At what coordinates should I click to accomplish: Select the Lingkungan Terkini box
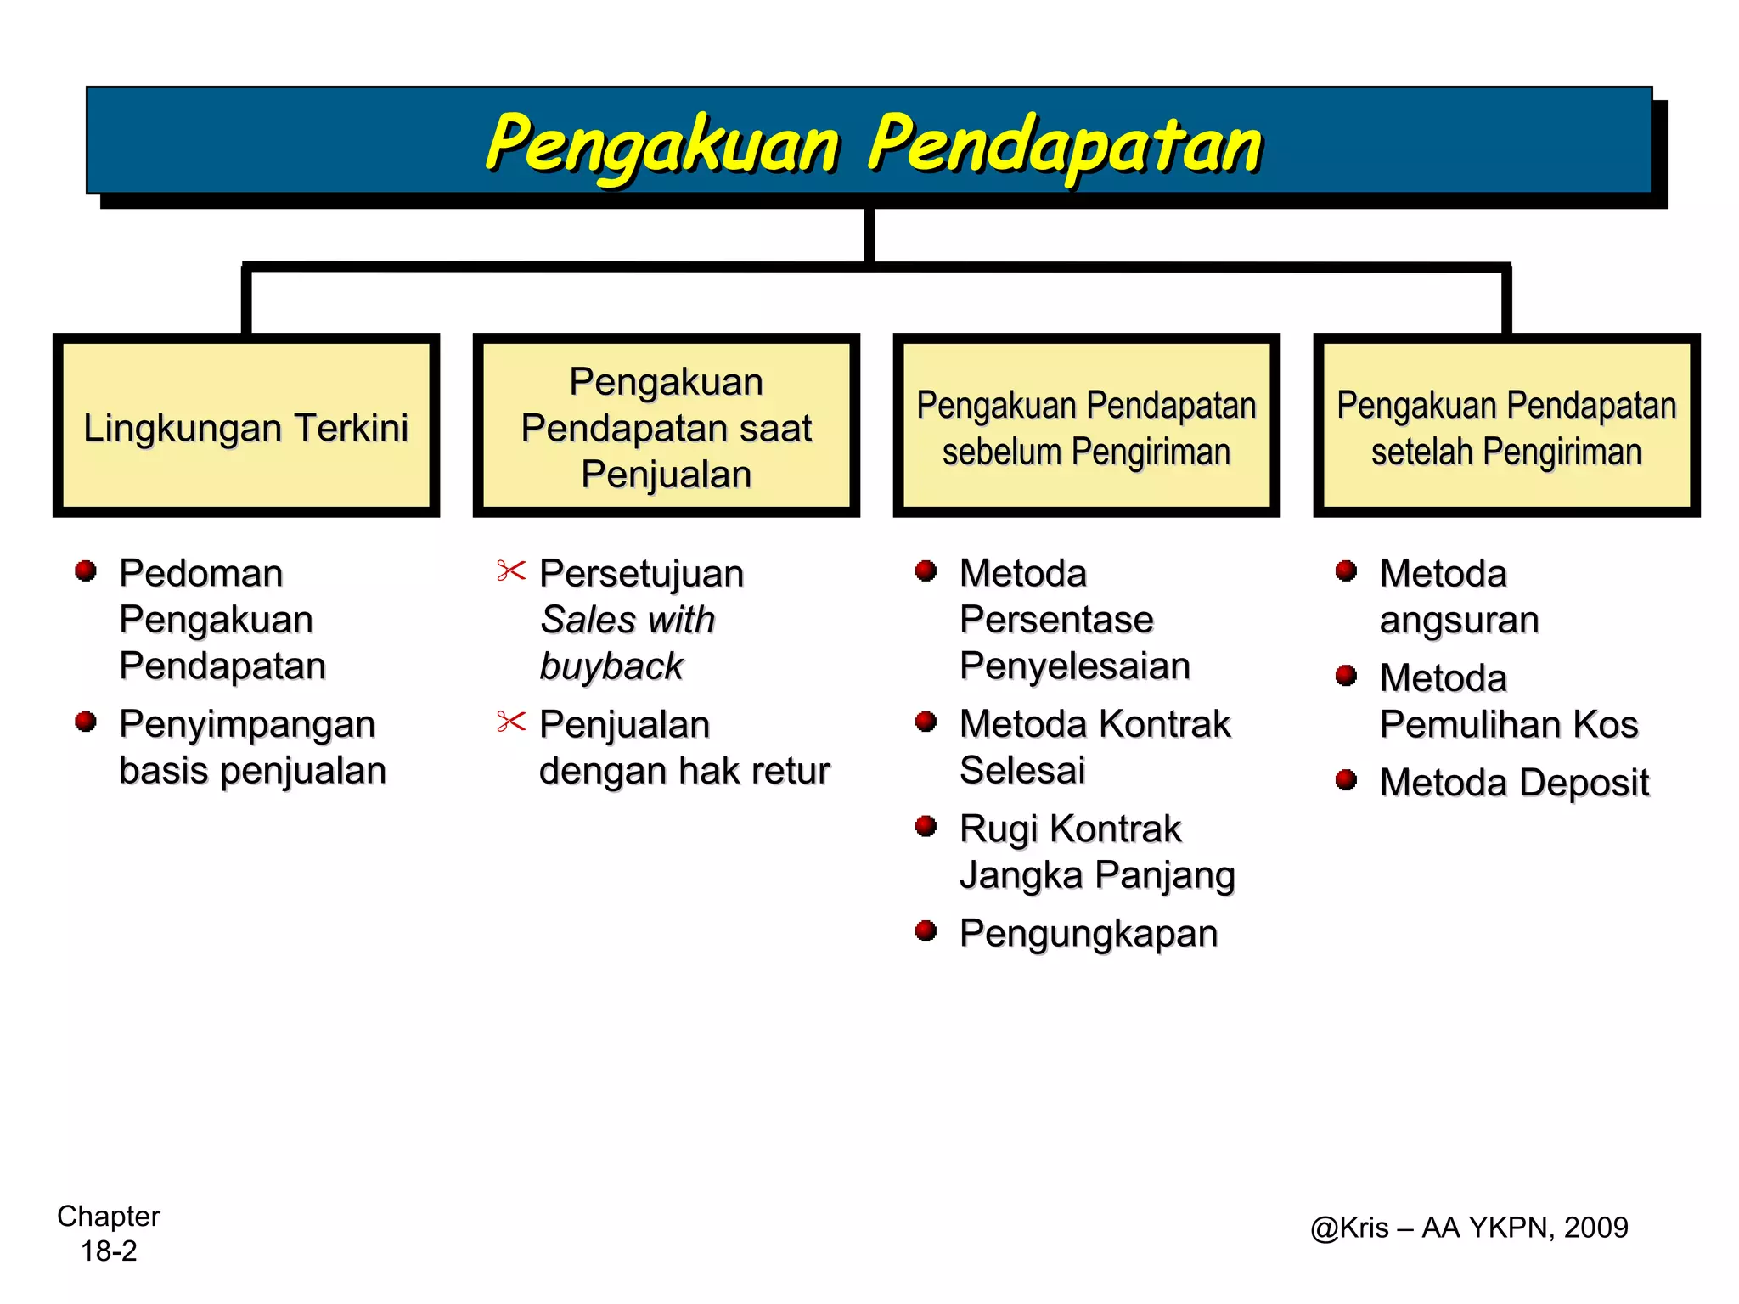245,426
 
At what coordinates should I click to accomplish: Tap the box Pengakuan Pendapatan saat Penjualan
666,426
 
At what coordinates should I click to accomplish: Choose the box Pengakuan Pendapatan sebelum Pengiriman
1086,426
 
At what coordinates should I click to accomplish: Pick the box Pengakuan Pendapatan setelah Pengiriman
1506,426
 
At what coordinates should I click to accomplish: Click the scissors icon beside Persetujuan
511,571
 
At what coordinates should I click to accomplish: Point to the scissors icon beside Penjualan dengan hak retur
511,722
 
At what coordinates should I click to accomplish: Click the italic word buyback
611,666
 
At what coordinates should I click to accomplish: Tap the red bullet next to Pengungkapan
926,931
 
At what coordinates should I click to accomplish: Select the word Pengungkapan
1089,934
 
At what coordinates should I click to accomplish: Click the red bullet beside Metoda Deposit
1346,780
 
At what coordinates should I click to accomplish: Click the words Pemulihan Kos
1508,725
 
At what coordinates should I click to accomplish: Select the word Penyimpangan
247,725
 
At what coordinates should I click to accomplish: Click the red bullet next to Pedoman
85,571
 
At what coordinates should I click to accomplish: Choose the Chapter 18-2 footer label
109,1233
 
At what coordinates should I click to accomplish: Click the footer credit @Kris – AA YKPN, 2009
1469,1228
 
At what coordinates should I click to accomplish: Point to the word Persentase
1056,620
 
